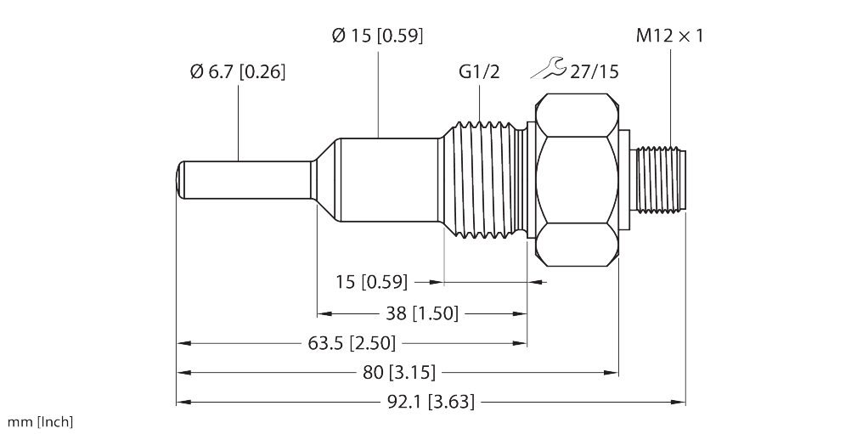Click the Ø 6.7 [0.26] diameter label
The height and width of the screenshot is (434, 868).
point(238,72)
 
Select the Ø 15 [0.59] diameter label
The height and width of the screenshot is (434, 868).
point(378,36)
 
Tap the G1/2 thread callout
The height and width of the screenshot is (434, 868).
point(479,71)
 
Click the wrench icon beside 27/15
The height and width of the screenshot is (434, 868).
point(548,68)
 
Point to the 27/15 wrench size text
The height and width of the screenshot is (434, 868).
point(594,72)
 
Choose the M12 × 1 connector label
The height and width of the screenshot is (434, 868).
point(669,37)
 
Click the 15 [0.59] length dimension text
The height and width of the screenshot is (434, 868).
point(371,282)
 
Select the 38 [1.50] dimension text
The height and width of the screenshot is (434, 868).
point(422,314)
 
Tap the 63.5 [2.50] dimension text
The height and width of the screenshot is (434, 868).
point(352,344)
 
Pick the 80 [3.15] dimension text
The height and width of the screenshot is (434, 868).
point(398,373)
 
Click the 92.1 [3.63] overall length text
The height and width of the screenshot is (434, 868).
point(430,402)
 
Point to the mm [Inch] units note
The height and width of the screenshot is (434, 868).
point(40,422)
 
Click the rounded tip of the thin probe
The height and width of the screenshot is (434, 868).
point(180,179)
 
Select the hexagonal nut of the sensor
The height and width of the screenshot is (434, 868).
point(577,180)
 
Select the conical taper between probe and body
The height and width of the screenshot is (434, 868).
point(325,180)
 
